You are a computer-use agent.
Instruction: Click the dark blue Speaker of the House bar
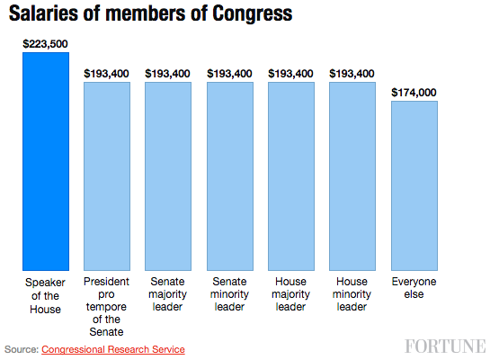45,161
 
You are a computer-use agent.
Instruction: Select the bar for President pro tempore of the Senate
107,175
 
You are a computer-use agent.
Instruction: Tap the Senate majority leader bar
168,175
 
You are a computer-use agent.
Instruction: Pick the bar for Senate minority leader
229,175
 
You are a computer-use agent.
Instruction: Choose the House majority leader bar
291,175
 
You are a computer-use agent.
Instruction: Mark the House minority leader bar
352,175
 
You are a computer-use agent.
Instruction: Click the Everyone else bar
414,184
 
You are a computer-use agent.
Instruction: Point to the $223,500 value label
45,43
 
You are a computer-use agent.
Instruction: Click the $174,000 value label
414,92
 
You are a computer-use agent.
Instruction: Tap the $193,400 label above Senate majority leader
168,73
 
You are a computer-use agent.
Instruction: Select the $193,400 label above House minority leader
352,73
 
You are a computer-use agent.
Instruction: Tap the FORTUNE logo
444,346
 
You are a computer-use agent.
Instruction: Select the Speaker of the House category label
45,296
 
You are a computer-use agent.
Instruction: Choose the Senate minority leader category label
229,296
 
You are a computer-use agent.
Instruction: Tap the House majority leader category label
291,296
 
